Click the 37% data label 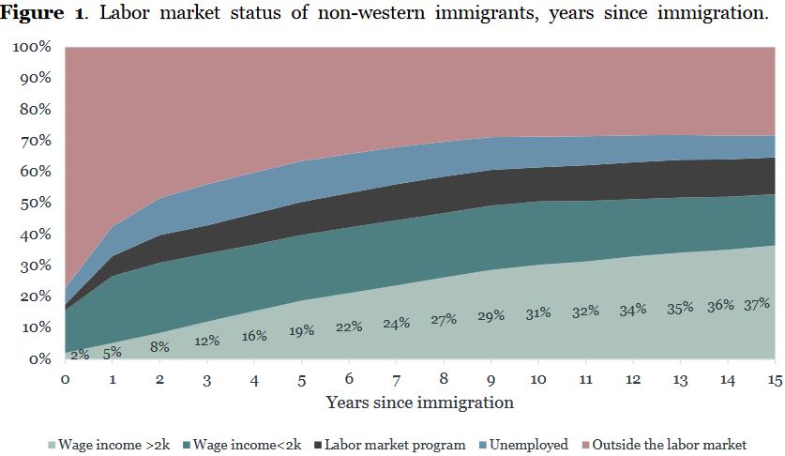pos(757,304)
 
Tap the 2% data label pos(80,355)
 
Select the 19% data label pos(301,330)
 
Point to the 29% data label pos(491,315)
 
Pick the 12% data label pos(206,341)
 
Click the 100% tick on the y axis pos(32,47)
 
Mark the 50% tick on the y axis pos(36,203)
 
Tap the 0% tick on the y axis pos(39,358)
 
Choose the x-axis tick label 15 pos(775,380)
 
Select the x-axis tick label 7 pos(396,381)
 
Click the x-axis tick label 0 pos(65,379)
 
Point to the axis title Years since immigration pos(420,403)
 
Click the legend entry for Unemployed pos(523,445)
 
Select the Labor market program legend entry pos(389,445)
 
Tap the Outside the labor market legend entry pos(664,445)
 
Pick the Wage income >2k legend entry pos(109,445)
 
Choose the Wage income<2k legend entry pos(242,445)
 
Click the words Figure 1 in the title pos(42,12)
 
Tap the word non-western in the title pos(371,11)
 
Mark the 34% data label pos(633,311)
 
